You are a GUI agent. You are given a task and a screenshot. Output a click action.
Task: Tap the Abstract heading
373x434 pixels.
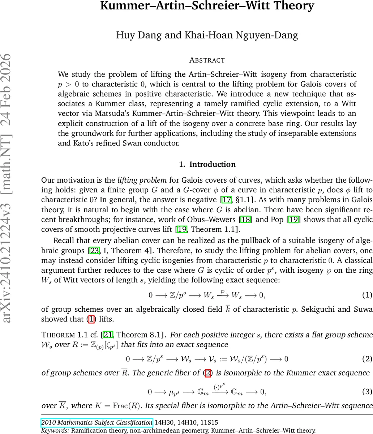click(207, 60)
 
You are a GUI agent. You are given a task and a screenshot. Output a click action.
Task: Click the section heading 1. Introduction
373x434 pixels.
click(207, 164)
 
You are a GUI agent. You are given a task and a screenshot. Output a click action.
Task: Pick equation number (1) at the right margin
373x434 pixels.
click(367, 295)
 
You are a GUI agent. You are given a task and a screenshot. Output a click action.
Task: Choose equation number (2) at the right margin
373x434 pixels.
click(367, 359)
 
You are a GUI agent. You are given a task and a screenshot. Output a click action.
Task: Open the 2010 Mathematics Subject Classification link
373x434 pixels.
click(97, 422)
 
